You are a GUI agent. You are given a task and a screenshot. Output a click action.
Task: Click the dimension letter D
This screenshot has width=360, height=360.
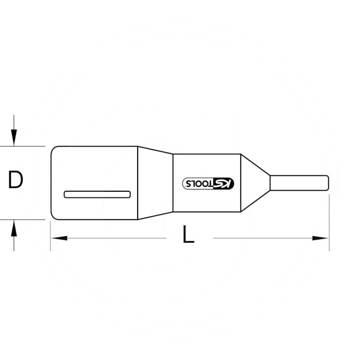click(x=16, y=180)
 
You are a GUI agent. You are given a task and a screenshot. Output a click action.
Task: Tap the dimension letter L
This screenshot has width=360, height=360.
click(x=188, y=235)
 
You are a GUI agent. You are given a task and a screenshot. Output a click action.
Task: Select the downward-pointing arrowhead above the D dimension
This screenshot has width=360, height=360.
click(x=14, y=138)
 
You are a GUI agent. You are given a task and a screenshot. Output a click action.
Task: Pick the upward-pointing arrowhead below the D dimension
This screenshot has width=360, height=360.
click(x=14, y=229)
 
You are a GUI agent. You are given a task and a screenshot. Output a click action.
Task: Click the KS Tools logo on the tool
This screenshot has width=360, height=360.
click(x=208, y=183)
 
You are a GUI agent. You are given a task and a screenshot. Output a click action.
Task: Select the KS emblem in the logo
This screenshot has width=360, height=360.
click(x=226, y=183)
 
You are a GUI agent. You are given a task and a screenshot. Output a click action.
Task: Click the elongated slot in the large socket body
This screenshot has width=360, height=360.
click(x=97, y=194)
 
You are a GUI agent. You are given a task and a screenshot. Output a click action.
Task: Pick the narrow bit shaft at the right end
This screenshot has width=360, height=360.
click(x=297, y=183)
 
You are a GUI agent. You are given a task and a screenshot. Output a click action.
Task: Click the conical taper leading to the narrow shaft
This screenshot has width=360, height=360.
click(x=255, y=183)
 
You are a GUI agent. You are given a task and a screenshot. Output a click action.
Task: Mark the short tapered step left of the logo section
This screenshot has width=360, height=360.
click(x=155, y=183)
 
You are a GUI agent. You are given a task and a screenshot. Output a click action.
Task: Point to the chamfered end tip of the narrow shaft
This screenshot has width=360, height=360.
click(x=328, y=183)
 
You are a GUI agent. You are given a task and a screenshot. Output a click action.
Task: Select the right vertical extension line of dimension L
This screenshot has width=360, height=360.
click(x=329, y=225)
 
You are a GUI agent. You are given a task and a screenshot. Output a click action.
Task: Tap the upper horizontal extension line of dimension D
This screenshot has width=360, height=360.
click(x=27, y=146)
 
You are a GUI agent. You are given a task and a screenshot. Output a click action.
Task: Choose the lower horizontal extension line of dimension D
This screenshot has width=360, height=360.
click(x=27, y=220)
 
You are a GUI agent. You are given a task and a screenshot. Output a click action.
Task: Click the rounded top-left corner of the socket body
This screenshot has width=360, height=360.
click(x=53, y=149)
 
